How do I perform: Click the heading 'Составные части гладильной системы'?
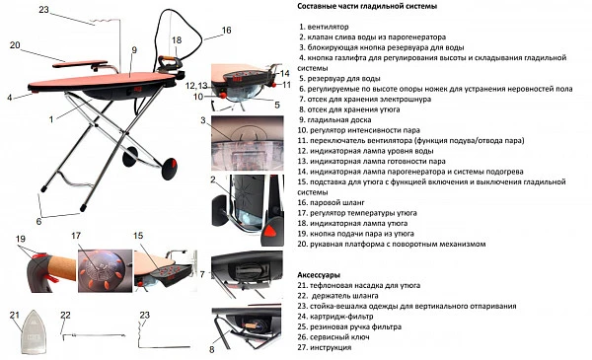[x=367, y=7]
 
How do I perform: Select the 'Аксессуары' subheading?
[x=319, y=275]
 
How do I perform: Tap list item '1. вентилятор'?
[x=324, y=27]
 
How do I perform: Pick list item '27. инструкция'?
[x=325, y=347]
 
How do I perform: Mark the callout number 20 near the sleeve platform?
[x=15, y=45]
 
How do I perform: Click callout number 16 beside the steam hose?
[x=226, y=31]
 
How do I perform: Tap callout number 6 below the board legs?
[x=38, y=221]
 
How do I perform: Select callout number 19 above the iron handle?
[x=21, y=239]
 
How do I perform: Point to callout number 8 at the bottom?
[x=212, y=350]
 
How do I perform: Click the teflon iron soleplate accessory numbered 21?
[x=34, y=331]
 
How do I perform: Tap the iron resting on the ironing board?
[x=170, y=65]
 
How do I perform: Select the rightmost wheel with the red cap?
[x=170, y=169]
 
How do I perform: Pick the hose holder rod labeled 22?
[x=94, y=335]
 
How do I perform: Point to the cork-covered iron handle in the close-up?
[x=60, y=266]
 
